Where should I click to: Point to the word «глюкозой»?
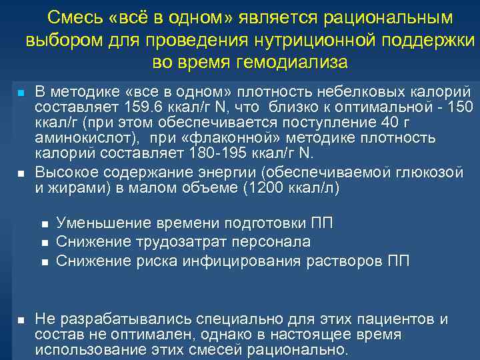pos(427,173)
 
